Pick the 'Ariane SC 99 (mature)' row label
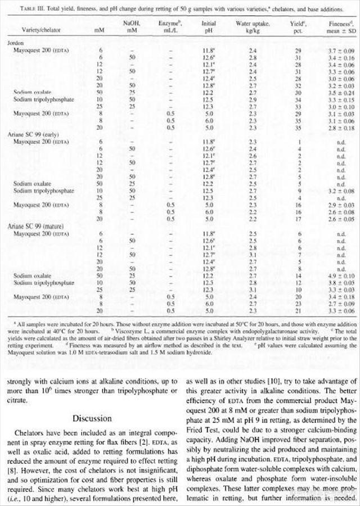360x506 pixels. click(33, 227)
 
